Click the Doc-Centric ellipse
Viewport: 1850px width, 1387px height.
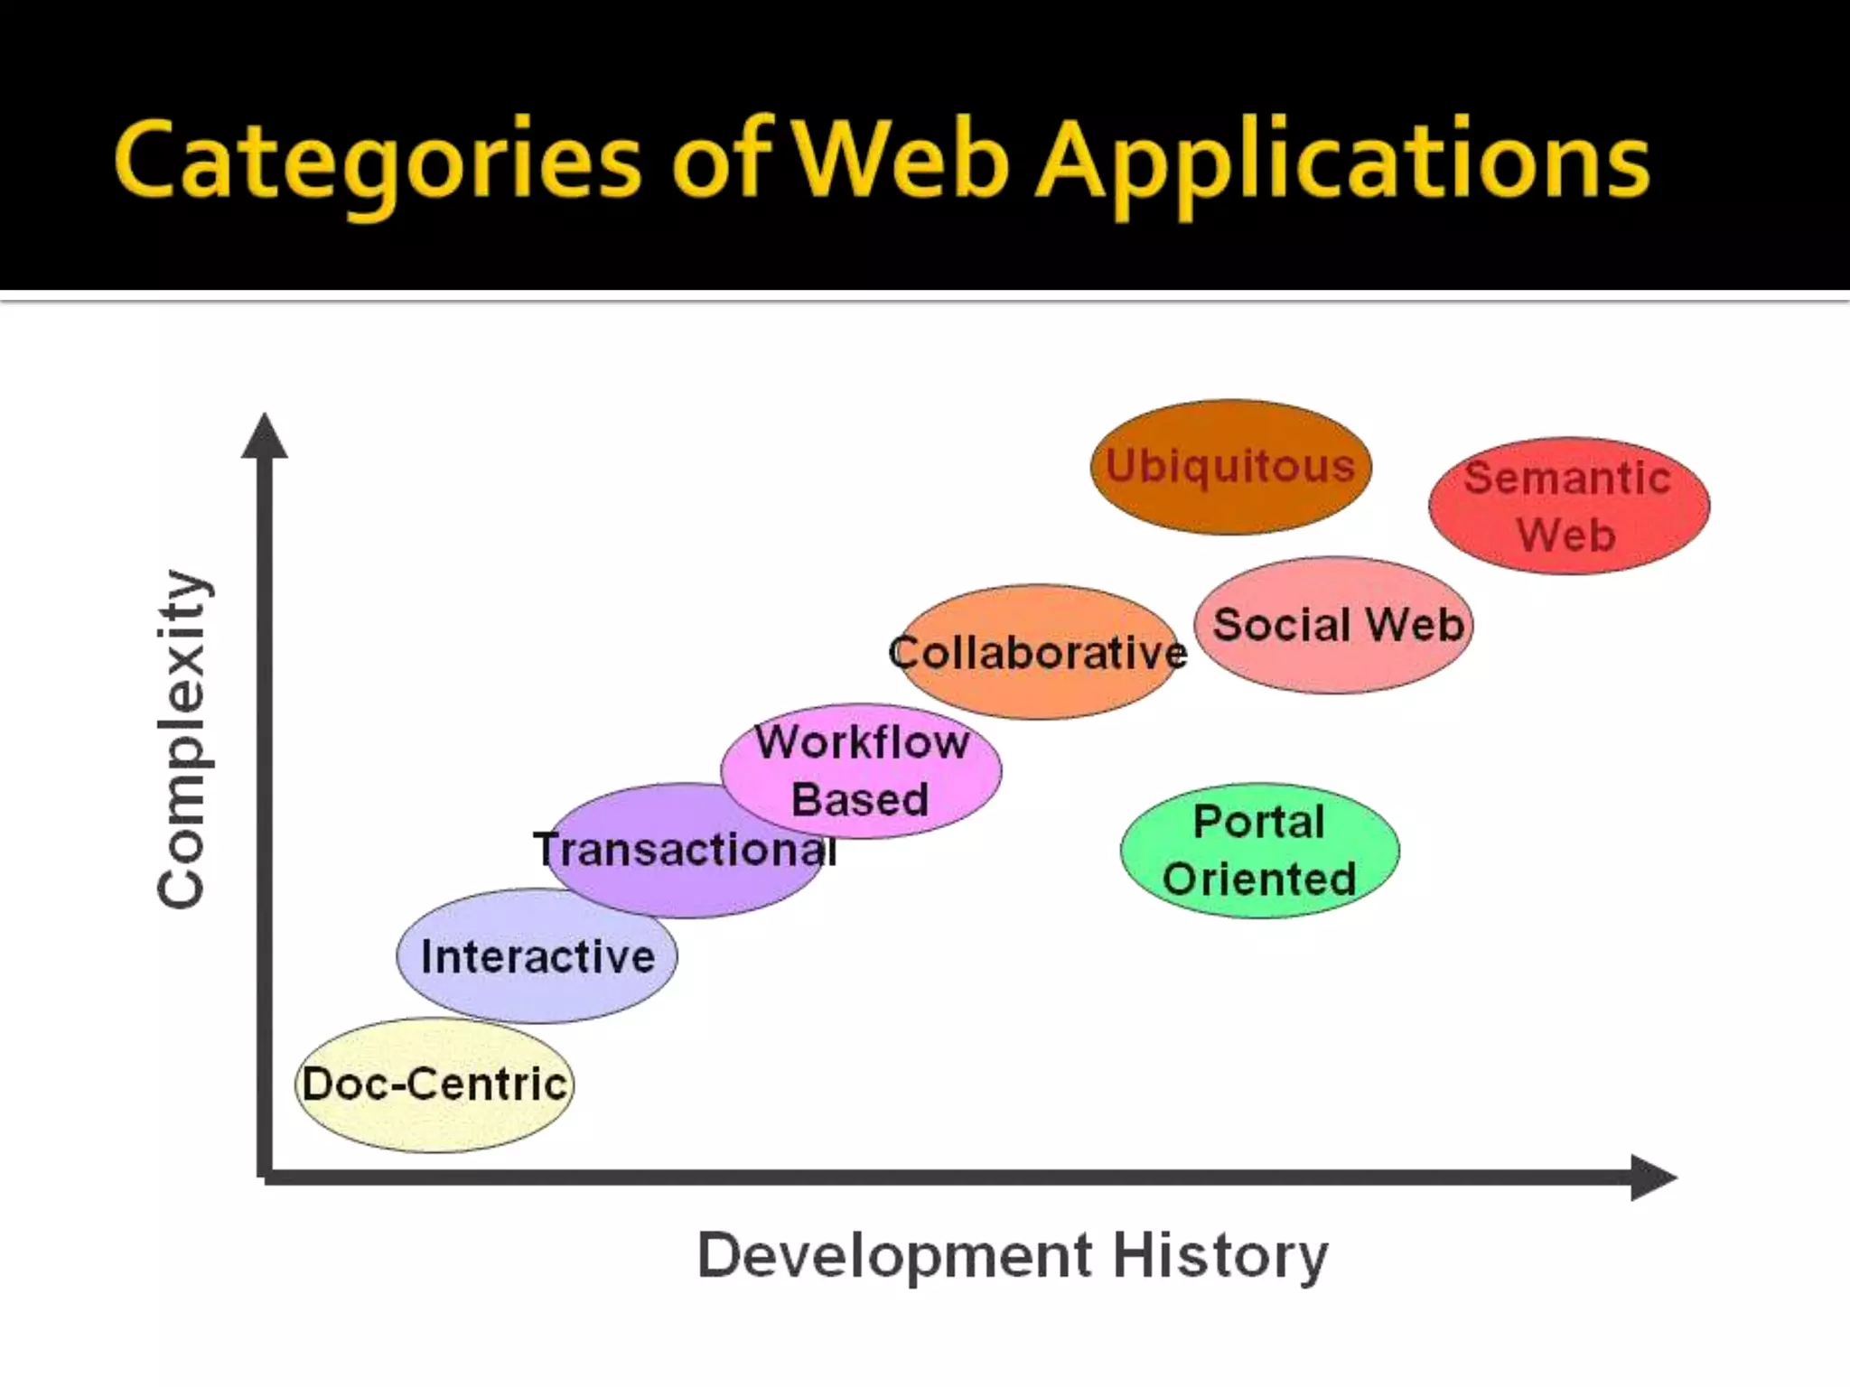pyautogui.click(x=434, y=1084)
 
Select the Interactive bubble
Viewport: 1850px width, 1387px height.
pyautogui.click(x=537, y=956)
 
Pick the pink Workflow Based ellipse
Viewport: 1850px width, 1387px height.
pyautogui.click(x=861, y=770)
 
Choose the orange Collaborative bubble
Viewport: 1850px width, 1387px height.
pyautogui.click(x=1039, y=653)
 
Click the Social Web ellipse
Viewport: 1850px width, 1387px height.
pyautogui.click(x=1334, y=625)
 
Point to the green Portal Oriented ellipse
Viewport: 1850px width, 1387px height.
pyautogui.click(x=1259, y=851)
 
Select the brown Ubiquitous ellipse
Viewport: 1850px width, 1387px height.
pyautogui.click(x=1230, y=467)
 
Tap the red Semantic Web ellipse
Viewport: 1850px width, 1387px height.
pyautogui.click(x=1568, y=506)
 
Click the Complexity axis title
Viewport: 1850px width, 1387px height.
pyautogui.click(x=182, y=739)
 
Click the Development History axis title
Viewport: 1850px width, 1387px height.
pyautogui.click(x=1013, y=1255)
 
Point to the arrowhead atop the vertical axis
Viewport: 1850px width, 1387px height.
pyautogui.click(x=265, y=435)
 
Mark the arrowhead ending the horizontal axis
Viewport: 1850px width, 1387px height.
pyautogui.click(x=1652, y=1178)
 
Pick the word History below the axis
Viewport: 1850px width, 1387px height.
pyautogui.click(x=1220, y=1255)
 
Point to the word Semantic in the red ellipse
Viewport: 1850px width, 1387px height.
pyautogui.click(x=1567, y=478)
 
